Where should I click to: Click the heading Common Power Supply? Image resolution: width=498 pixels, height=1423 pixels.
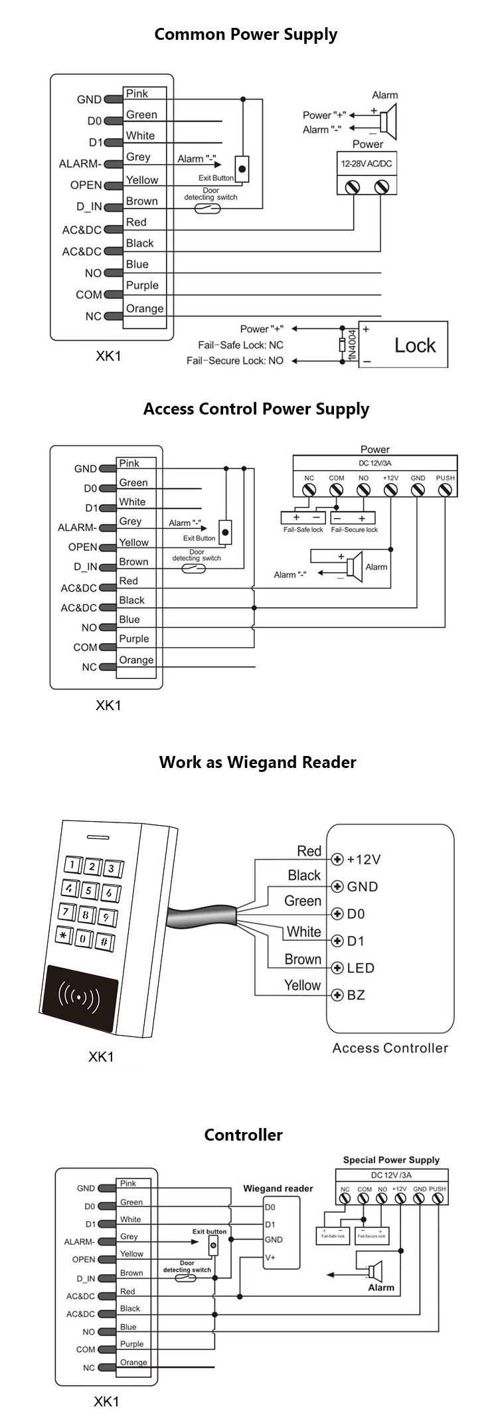coord(246,35)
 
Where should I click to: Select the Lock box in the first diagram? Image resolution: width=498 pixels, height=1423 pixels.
coord(403,345)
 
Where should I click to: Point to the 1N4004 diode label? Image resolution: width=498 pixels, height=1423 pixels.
coord(352,345)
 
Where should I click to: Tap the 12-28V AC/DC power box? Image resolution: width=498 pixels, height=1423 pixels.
coord(367,163)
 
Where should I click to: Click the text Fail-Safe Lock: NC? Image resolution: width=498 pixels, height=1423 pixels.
coord(240,345)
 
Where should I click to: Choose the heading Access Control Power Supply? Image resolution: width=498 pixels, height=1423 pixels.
coord(256,409)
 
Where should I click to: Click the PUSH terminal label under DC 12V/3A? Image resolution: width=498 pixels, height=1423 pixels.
coord(445,478)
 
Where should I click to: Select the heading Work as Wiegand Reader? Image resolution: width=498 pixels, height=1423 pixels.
coord(258,762)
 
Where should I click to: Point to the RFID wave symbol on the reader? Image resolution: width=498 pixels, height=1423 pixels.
coord(79,996)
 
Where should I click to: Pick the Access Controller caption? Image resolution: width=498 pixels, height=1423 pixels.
coord(390,1048)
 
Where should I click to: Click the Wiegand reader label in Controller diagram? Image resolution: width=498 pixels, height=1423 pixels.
coord(278,1188)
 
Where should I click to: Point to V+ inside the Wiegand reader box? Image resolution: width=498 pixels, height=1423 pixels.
coord(270,1258)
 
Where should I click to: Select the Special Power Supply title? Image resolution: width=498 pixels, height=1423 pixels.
coord(391,1160)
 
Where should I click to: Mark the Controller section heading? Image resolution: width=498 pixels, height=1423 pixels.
coord(243,1135)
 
